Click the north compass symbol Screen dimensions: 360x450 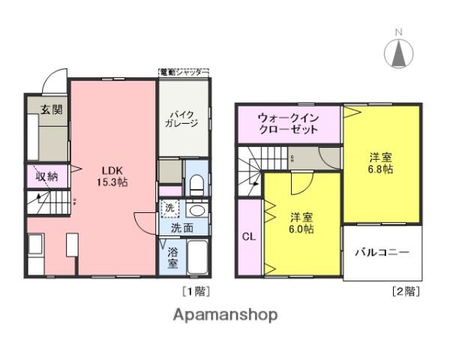(x=400, y=51)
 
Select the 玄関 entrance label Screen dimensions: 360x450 (x=51, y=109)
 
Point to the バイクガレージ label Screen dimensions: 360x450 (x=181, y=118)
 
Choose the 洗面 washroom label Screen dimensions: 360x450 (x=181, y=226)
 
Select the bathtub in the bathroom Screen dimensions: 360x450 (x=198, y=259)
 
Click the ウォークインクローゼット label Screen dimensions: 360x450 (x=288, y=123)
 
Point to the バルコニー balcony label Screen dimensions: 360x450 (x=382, y=253)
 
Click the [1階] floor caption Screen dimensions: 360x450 (x=195, y=289)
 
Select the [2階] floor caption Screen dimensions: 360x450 (x=405, y=289)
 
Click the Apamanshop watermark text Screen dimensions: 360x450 (x=225, y=315)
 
